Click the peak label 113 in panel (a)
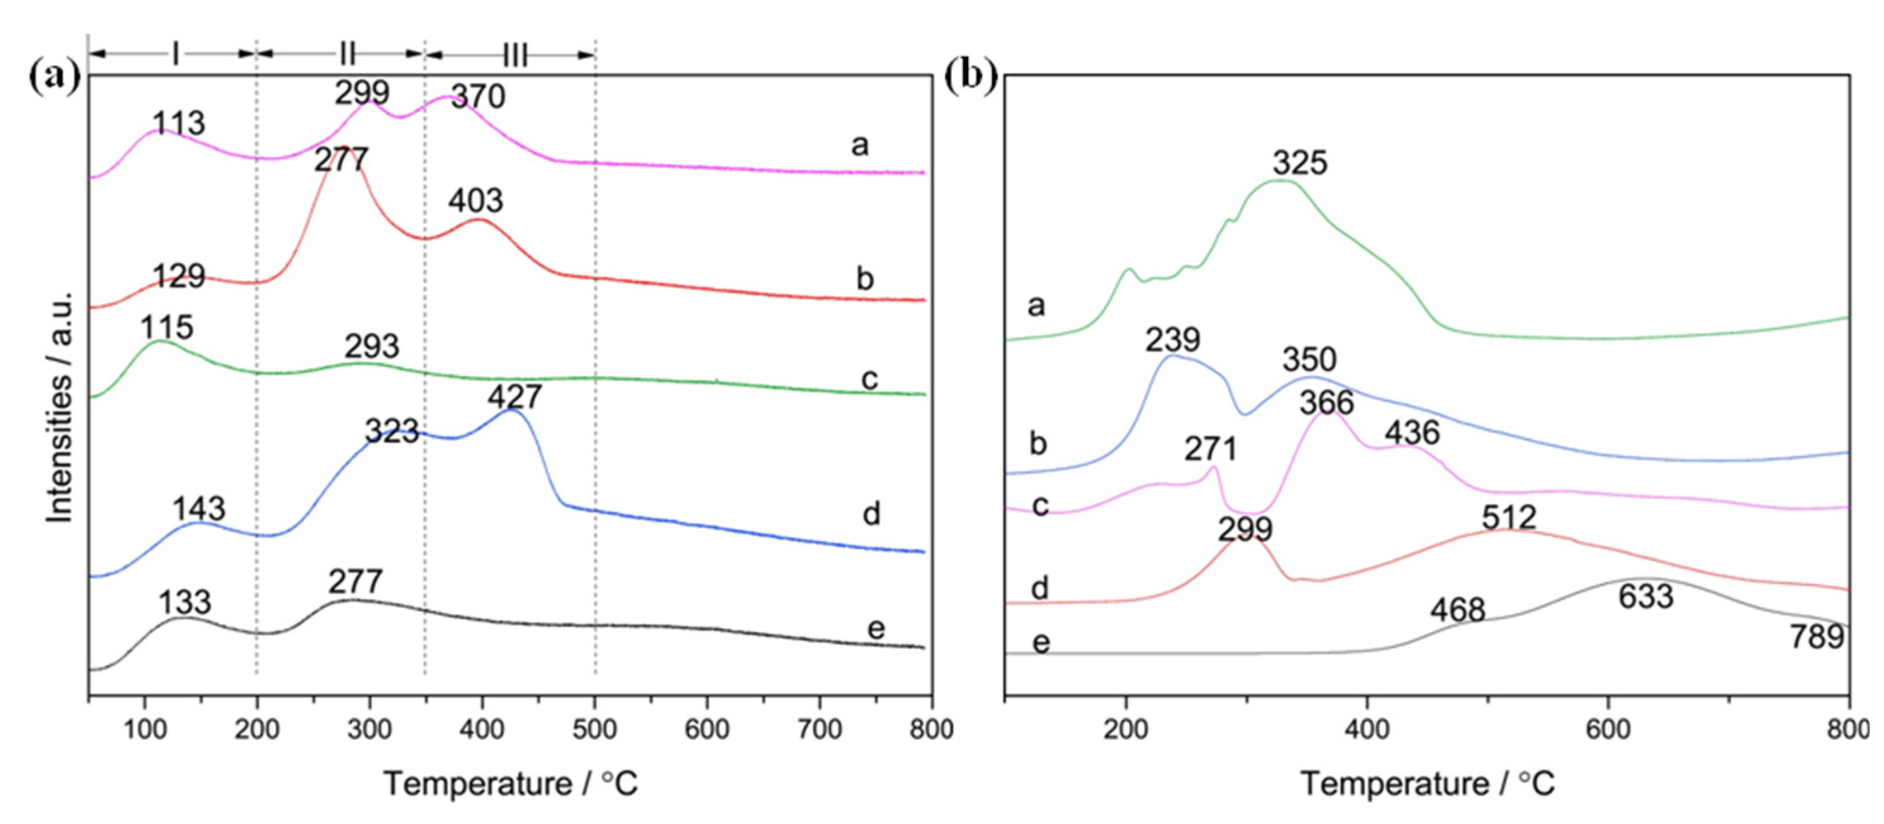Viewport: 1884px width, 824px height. [179, 124]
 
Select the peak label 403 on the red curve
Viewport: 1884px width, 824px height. [475, 201]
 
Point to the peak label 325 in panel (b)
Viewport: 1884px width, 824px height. [1300, 163]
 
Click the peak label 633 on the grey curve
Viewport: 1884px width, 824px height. [1646, 596]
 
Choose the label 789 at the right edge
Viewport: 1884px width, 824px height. [1817, 637]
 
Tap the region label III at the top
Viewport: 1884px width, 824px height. [515, 55]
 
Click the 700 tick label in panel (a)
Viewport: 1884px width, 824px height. [819, 729]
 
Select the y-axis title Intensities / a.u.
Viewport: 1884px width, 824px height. [60, 406]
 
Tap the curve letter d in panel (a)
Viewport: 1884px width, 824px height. [870, 514]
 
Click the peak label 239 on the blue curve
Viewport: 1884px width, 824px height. [1172, 340]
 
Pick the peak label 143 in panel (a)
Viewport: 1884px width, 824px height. [199, 509]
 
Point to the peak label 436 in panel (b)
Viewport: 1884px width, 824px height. [1412, 433]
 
